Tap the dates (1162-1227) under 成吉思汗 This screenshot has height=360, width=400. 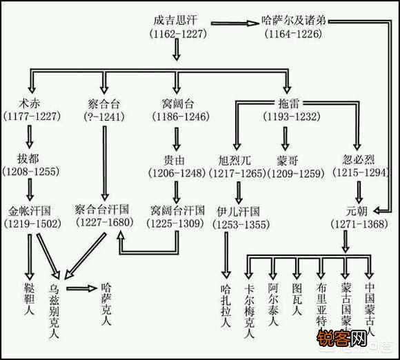point(177,33)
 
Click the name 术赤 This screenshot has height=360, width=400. point(30,103)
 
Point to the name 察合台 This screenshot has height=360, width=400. point(104,103)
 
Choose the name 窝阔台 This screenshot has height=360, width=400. point(177,103)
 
